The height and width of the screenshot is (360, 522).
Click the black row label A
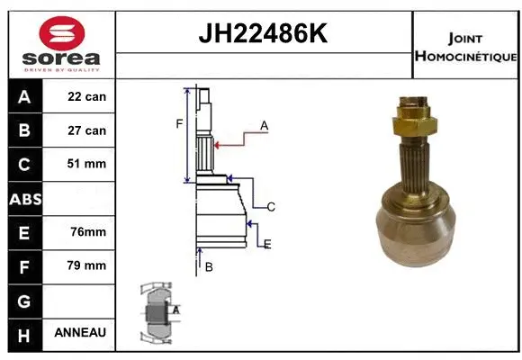(x=24, y=96)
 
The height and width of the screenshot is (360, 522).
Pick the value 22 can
(x=87, y=96)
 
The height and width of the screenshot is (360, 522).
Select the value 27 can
(x=87, y=130)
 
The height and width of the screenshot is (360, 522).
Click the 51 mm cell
(x=87, y=164)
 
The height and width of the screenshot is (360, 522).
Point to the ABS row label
(x=24, y=198)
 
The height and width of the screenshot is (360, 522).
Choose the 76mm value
(x=87, y=231)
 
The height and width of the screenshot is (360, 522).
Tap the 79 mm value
(x=87, y=265)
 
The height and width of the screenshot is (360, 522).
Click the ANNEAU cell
(x=80, y=332)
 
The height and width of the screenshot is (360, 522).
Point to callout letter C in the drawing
(x=270, y=207)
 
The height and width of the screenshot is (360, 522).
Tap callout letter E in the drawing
(x=266, y=244)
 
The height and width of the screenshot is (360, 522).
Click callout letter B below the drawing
(x=209, y=266)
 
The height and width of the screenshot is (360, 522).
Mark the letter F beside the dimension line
(x=179, y=123)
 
